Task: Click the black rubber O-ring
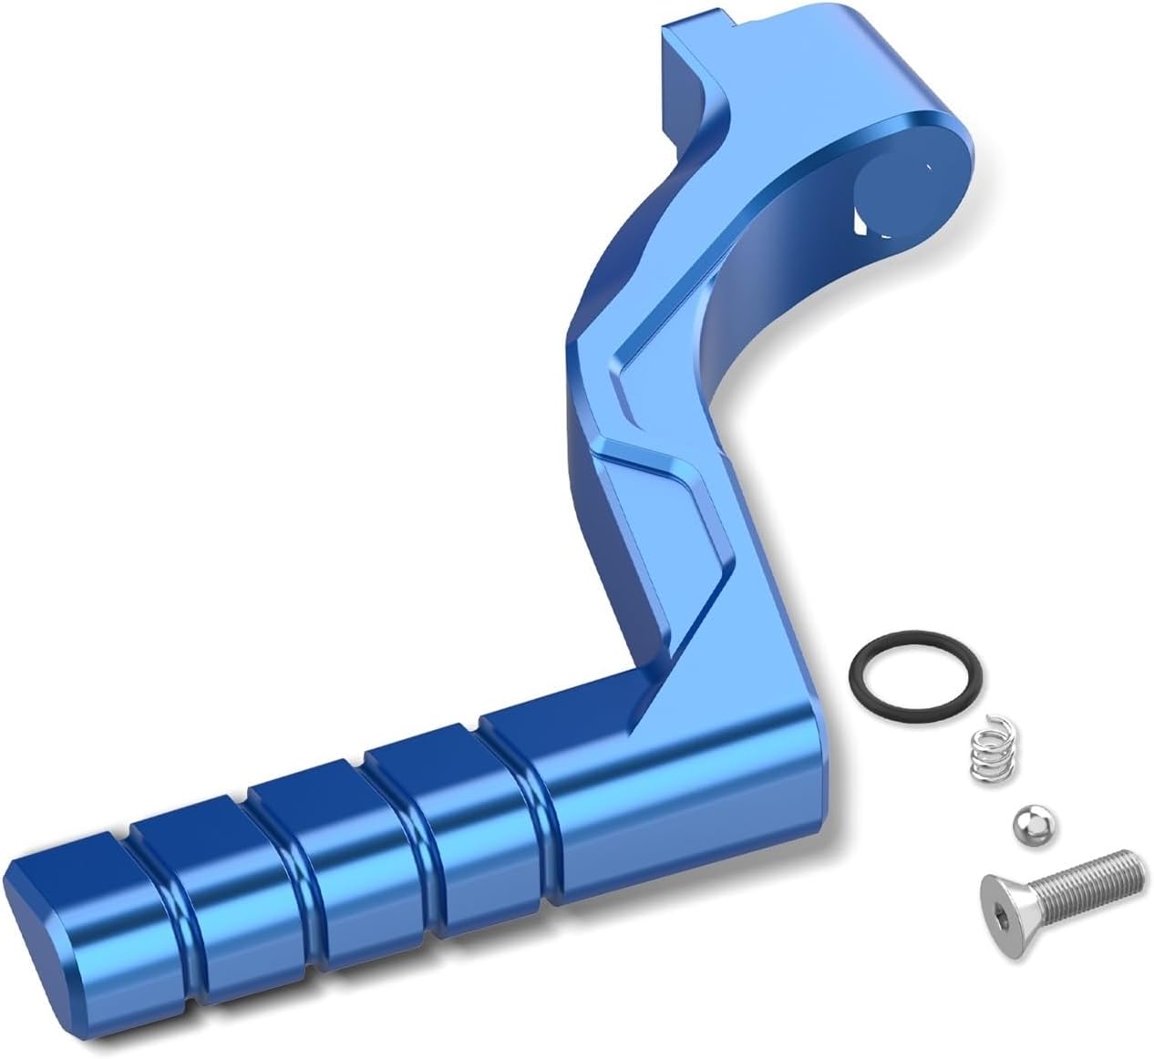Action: tap(863, 659)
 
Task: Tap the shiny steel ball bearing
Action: tap(1029, 826)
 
